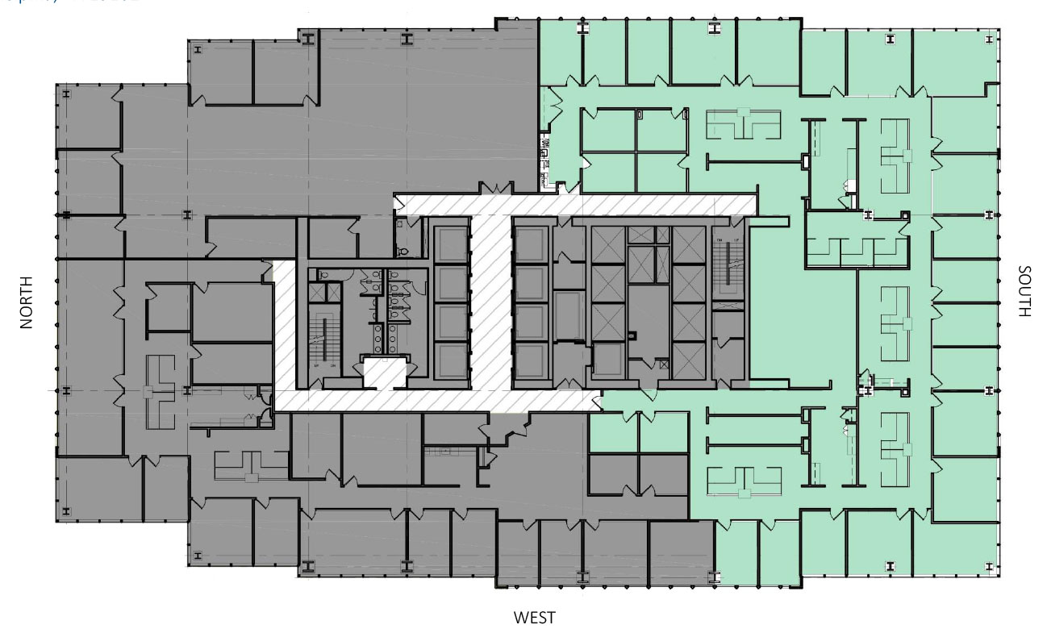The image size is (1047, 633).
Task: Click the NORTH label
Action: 27,302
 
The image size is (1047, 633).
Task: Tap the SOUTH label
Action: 1024,291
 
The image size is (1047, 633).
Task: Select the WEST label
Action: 534,618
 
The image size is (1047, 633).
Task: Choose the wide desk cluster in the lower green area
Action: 745,480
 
